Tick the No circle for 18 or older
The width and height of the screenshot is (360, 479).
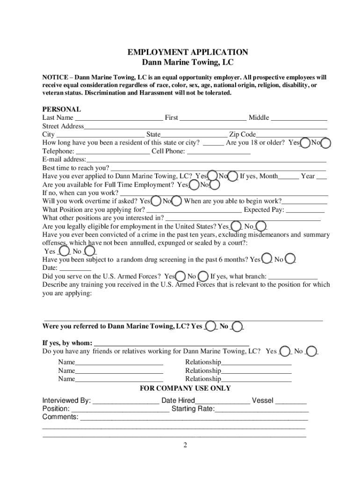coord(326,143)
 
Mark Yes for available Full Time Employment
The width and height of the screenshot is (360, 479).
coord(194,185)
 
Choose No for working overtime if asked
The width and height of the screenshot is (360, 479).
coord(177,201)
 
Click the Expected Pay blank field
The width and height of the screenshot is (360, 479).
coord(305,210)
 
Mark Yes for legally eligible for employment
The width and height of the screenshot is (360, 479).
coord(237,226)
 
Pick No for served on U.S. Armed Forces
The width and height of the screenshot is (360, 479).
coord(203,276)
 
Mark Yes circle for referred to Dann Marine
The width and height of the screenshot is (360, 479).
coord(211,326)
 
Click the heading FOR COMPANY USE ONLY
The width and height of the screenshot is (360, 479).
coord(185,388)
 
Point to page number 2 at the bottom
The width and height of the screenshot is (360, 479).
coord(185,445)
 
